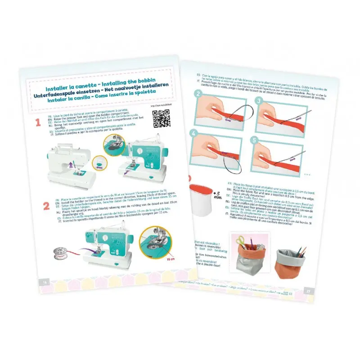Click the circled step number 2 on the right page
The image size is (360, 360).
pos(197,94)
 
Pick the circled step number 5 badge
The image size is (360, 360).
pos(256,140)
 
